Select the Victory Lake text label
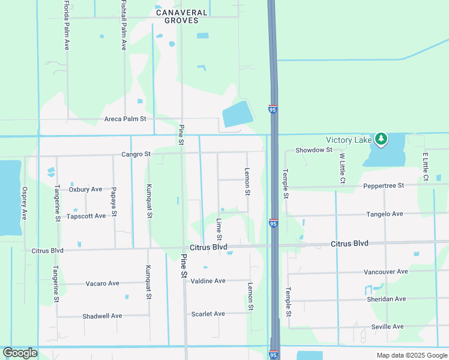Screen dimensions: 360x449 point(349,140)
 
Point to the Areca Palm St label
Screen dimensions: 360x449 point(125,119)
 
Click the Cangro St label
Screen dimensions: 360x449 point(136,154)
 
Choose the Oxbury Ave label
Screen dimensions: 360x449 point(85,189)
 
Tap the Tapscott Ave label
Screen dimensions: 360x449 point(86,216)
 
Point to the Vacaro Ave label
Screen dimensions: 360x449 point(103,283)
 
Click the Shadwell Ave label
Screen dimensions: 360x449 point(102,316)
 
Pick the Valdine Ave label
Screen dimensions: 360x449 point(208,281)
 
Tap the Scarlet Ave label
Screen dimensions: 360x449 point(208,314)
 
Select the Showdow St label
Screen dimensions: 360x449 point(313,149)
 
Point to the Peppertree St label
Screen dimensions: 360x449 point(384,186)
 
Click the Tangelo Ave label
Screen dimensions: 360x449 point(385,214)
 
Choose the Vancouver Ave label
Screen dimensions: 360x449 point(385,271)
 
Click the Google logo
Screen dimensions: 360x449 point(20,353)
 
